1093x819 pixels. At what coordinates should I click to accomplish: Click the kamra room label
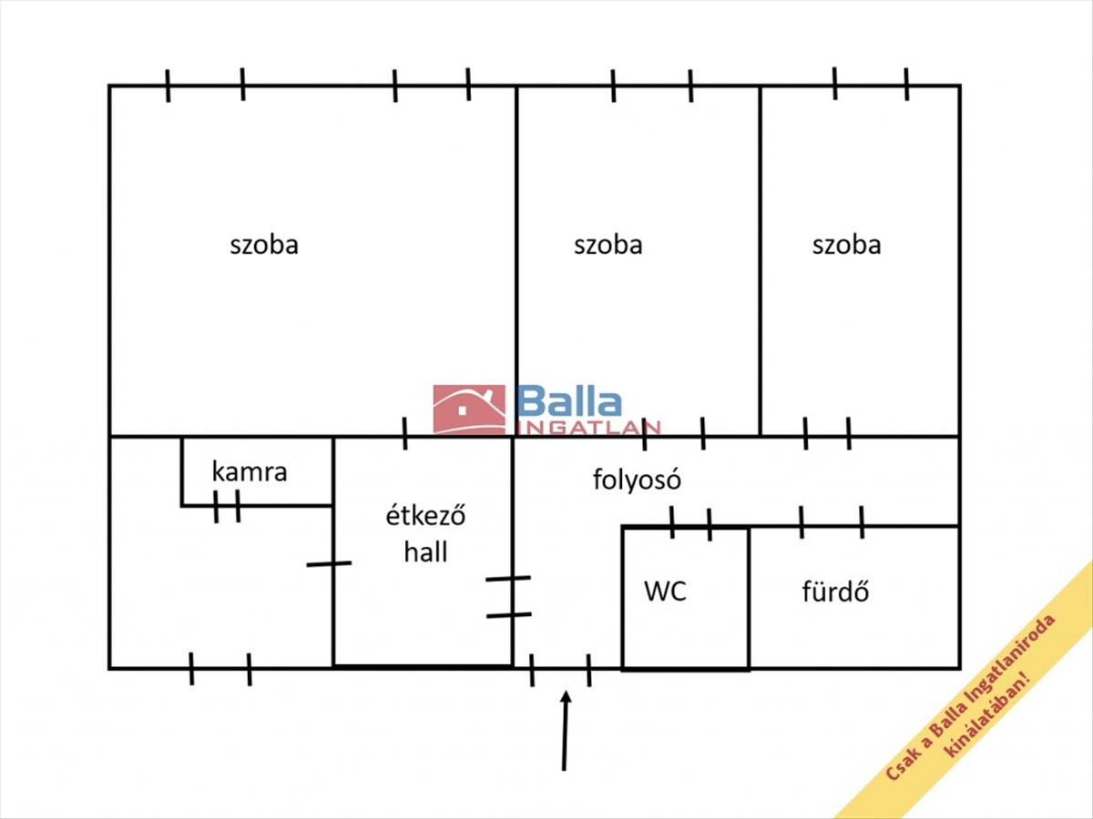coord(250,472)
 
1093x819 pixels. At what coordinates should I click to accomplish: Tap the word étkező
coord(425,515)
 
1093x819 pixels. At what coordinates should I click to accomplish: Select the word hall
coord(425,551)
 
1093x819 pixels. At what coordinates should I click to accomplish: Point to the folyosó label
coord(637,480)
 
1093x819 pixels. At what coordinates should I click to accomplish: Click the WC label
coord(665,591)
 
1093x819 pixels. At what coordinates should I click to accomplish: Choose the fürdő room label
coord(835,591)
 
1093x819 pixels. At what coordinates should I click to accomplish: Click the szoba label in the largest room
coord(264,245)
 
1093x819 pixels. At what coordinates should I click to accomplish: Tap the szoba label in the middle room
coord(608,245)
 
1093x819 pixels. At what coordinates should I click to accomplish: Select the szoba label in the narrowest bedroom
coord(846,245)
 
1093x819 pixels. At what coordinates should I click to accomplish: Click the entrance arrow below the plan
coord(565,731)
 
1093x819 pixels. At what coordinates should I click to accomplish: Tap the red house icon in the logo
coord(469,409)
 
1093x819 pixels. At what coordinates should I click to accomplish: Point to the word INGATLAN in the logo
coord(587,428)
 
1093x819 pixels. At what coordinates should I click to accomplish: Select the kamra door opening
coord(227,506)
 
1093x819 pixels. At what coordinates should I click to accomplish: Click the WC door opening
coord(690,526)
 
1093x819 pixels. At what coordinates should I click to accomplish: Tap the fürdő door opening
coord(832,525)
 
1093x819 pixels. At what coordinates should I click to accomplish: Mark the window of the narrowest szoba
coord(871,85)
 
